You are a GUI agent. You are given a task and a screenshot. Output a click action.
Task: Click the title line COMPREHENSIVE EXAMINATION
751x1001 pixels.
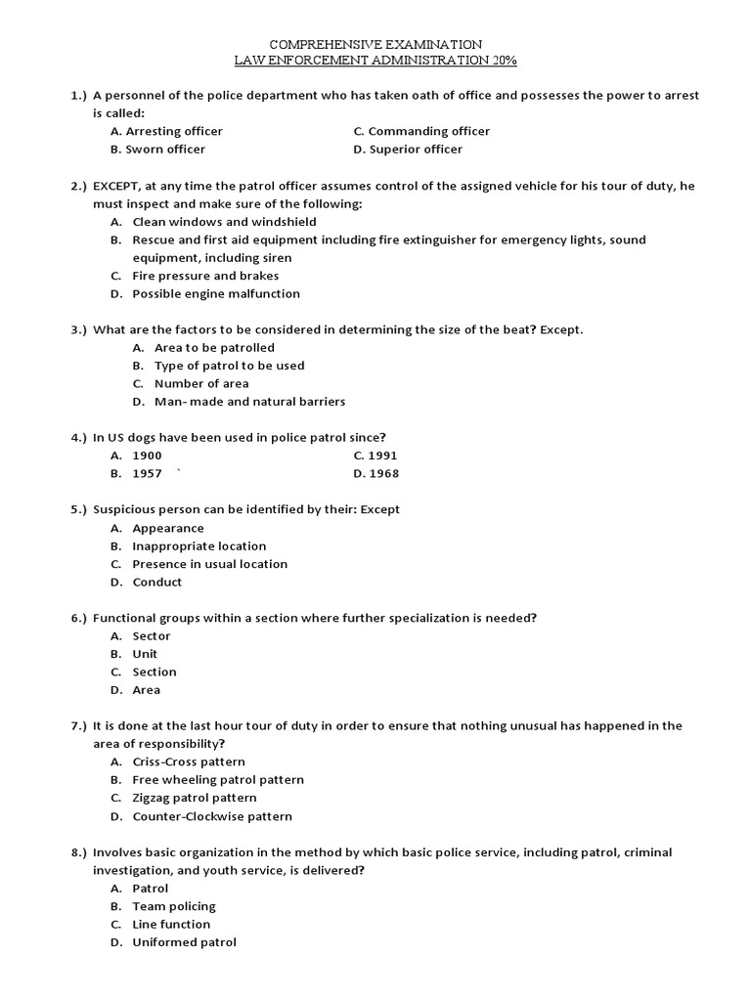(375, 45)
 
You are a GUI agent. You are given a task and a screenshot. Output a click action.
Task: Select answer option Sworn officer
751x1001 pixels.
(165, 150)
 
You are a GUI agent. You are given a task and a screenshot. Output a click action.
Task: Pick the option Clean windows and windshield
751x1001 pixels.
(224, 222)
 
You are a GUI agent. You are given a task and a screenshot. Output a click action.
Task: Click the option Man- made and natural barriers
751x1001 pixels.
(249, 402)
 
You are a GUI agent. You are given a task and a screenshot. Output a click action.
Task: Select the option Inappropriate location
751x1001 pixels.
(199, 546)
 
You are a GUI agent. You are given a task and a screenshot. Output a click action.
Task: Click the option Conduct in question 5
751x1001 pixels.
(156, 583)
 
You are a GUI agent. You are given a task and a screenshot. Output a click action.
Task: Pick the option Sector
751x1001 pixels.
(152, 636)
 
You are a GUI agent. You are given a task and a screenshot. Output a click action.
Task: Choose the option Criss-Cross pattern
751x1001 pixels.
(189, 762)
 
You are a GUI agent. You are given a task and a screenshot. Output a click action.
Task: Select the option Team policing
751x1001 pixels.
(173, 906)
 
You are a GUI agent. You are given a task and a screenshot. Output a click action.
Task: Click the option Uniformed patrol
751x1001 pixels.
(184, 942)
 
